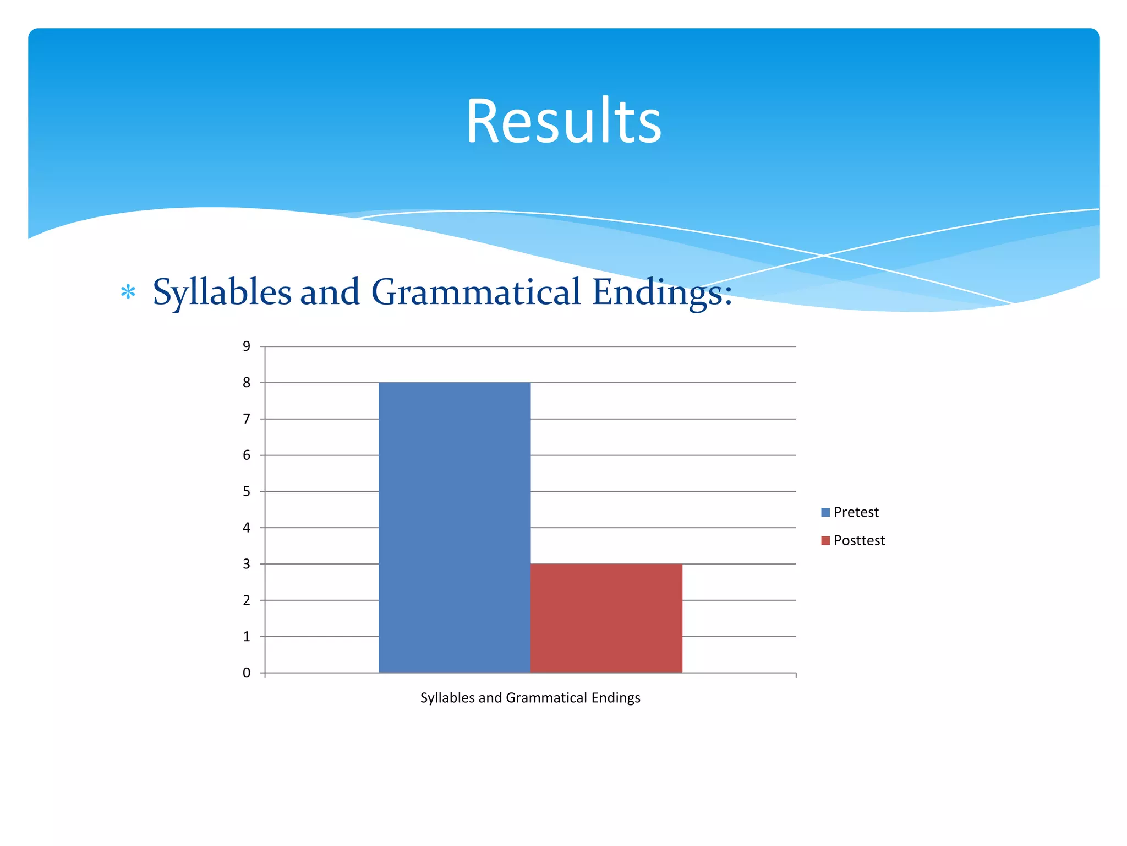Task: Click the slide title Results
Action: coord(563,121)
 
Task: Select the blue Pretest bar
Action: coord(455,527)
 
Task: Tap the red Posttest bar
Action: coord(606,618)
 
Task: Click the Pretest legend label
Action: coord(856,512)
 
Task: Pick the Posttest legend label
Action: coord(859,540)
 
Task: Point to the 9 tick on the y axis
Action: coord(247,346)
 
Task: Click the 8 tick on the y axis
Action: coord(247,383)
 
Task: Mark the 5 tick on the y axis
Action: coord(247,491)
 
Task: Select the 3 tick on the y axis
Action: coord(247,564)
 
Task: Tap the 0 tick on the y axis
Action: coord(247,673)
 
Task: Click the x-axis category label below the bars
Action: coord(530,698)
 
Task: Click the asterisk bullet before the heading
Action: coord(128,292)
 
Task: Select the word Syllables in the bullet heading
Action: coord(222,292)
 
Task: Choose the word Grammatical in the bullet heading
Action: coord(476,292)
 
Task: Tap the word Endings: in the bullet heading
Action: coord(662,292)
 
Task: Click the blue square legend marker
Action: coord(825,512)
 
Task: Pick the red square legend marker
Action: coord(825,540)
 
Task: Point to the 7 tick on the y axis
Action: coord(247,419)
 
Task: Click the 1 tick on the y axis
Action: coord(247,637)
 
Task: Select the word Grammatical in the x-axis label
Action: coord(546,698)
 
